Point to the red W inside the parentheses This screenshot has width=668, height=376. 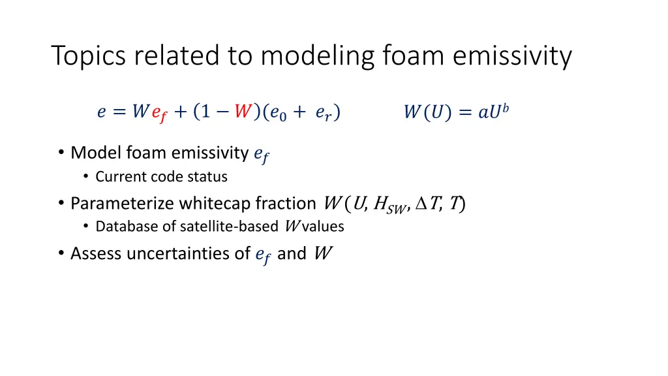[x=243, y=112]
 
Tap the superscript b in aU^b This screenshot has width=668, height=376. [x=505, y=108]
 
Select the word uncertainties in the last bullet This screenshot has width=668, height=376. [x=177, y=253]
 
